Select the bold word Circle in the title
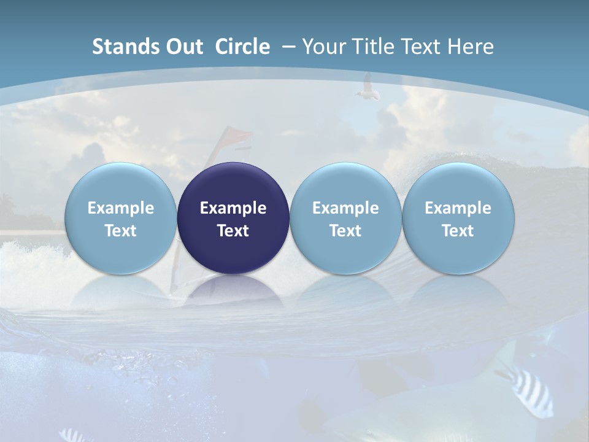click(x=242, y=47)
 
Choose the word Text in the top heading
click(x=423, y=47)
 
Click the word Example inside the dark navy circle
click(x=233, y=208)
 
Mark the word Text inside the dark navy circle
click(x=233, y=231)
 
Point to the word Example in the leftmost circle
click(x=121, y=208)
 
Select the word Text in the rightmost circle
click(x=458, y=231)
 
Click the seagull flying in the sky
click(x=367, y=88)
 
